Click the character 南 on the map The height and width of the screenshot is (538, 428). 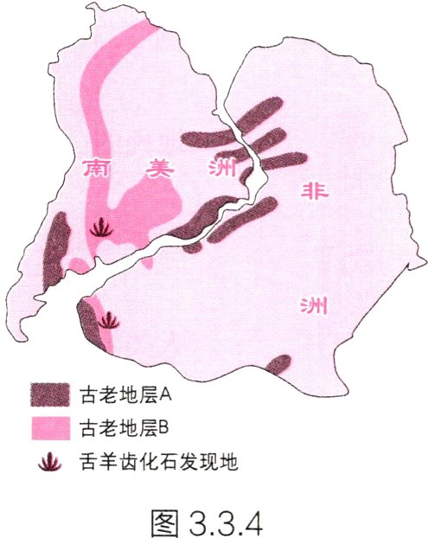[96, 169]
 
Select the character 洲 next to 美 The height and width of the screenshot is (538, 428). [220, 170]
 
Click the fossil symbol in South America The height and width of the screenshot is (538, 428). [101, 227]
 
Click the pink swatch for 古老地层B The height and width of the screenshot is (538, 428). [49, 428]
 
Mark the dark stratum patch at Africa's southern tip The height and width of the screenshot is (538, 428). [281, 364]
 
